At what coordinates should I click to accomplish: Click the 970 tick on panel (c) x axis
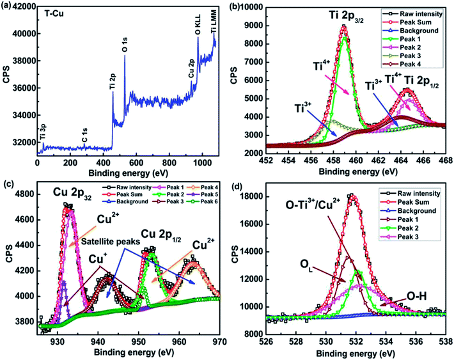219,340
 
